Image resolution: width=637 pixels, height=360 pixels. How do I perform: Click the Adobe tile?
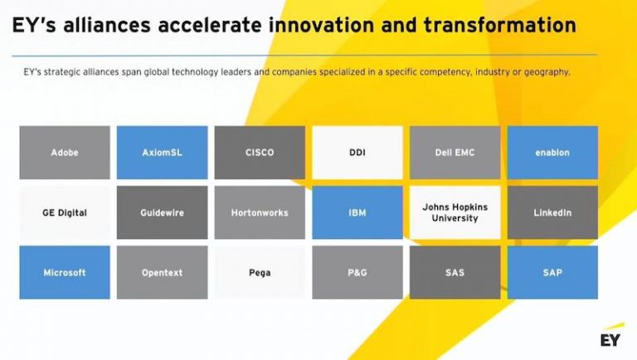pos(65,153)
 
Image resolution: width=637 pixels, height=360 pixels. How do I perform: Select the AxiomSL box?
pos(162,153)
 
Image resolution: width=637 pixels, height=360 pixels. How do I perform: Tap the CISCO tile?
pos(260,153)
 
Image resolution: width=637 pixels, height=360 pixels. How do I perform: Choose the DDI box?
pos(357,153)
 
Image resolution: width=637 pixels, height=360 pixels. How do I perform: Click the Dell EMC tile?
pos(455,153)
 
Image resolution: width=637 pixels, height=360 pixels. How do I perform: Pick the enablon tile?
pos(552,153)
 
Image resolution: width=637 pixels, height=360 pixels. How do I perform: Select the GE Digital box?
pos(65,212)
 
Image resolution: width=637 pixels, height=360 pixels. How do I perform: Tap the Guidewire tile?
pos(162,212)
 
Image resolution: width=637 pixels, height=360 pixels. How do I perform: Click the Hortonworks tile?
pos(260,212)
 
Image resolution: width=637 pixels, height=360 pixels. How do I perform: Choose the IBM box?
pos(357,212)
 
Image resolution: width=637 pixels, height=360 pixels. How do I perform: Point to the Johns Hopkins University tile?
pos(455,212)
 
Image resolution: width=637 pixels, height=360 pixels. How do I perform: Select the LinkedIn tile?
pos(552,212)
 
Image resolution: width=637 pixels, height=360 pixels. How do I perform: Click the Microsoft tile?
pos(65,272)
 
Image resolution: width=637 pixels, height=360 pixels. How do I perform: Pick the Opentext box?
pos(162,272)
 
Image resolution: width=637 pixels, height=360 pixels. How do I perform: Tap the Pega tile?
pos(260,272)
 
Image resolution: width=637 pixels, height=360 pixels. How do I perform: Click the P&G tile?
pos(357,272)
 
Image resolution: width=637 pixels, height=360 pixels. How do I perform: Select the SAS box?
pos(455,272)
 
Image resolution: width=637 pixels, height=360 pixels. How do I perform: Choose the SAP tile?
pos(552,272)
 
